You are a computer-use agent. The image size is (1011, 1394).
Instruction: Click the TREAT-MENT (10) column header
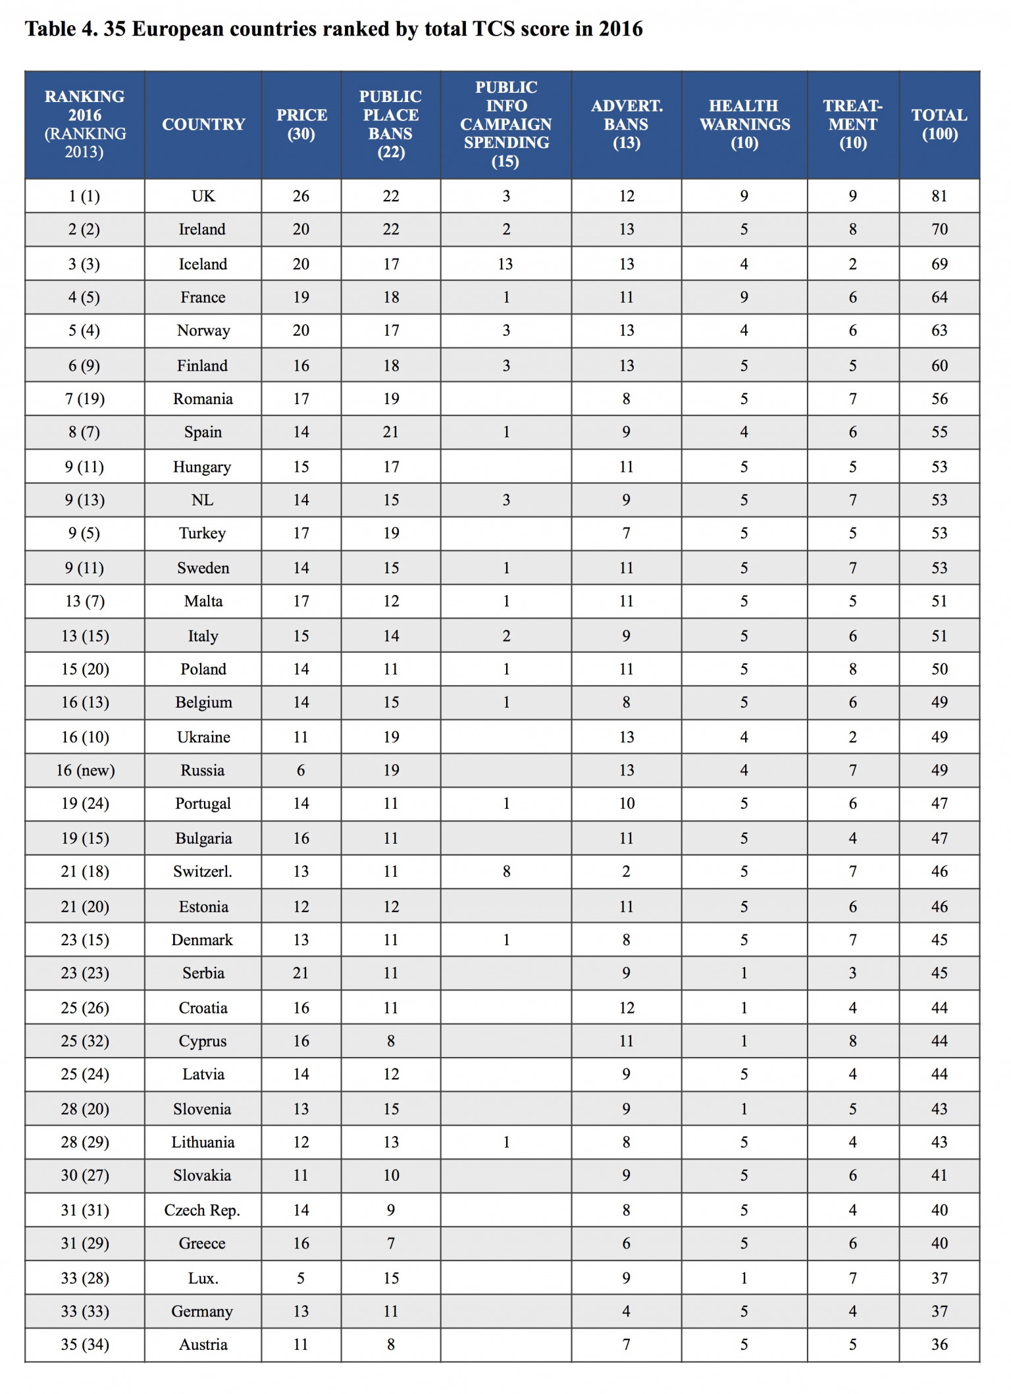(x=852, y=124)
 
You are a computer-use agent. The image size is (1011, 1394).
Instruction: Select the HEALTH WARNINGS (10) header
(x=744, y=124)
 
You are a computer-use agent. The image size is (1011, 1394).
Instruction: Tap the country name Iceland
(x=203, y=264)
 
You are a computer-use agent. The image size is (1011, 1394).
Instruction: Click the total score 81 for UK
(x=939, y=196)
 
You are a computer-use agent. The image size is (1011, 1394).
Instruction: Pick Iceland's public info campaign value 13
(x=505, y=264)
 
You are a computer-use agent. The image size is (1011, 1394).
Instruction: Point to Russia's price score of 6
(x=301, y=770)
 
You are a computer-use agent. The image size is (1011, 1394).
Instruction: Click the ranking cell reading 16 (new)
(x=85, y=770)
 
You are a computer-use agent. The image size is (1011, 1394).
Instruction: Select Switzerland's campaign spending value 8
(x=506, y=871)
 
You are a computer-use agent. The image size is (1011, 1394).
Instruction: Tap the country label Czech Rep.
(x=202, y=1210)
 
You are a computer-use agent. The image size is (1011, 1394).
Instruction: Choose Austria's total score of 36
(x=939, y=1345)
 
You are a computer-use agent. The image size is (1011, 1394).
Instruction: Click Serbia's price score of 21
(x=301, y=973)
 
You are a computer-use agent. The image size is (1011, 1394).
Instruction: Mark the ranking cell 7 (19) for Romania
(x=85, y=399)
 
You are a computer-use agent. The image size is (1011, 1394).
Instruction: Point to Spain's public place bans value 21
(x=391, y=432)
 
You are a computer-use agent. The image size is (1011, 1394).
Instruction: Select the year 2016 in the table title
(x=620, y=29)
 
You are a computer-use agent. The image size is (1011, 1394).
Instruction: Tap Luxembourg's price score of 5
(x=301, y=1278)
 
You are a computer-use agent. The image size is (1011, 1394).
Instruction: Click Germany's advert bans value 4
(x=626, y=1311)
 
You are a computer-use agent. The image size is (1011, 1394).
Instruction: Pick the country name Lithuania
(x=203, y=1142)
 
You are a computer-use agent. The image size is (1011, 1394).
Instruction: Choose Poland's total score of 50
(x=939, y=669)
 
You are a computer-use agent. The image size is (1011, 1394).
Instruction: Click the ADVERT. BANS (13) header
(x=626, y=124)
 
